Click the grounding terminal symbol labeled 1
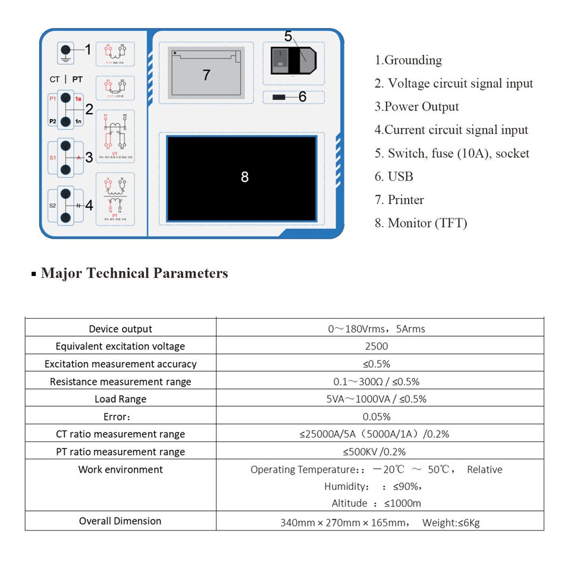coord(67,52)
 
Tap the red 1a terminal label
coord(79,99)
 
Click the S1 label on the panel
coord(53,158)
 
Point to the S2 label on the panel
coord(52,205)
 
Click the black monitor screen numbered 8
coord(241,177)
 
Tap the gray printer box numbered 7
coord(206,73)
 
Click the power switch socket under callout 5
coord(293,60)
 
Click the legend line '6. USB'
coord(394,177)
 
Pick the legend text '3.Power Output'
coord(416,107)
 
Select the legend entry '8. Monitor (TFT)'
coord(421,223)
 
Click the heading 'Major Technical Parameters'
coord(134,274)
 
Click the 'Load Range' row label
coord(120,399)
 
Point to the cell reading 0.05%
coord(377,416)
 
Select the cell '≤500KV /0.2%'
coord(377,451)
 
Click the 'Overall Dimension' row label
coord(120,521)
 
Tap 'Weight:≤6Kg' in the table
coord(451,523)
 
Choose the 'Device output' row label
coord(120,329)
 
